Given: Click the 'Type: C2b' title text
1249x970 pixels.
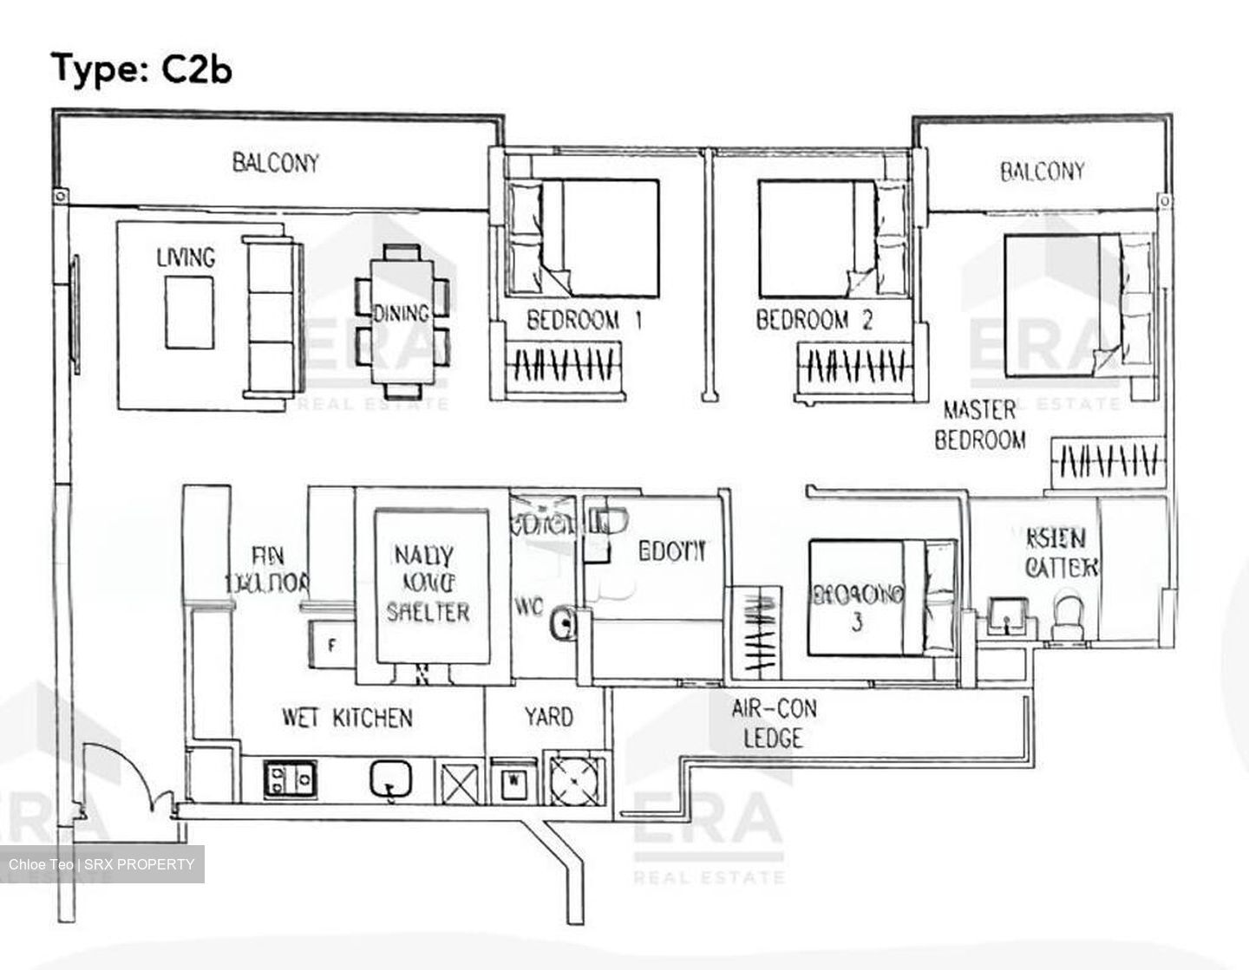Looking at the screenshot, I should click(x=142, y=68).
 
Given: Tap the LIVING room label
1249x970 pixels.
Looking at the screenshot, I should click(x=186, y=257).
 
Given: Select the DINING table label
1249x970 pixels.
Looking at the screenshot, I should click(x=401, y=313).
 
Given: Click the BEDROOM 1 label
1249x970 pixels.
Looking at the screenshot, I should click(x=584, y=321).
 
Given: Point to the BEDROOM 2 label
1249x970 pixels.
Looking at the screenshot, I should click(x=814, y=321).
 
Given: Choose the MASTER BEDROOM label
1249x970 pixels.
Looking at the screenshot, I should click(x=980, y=425).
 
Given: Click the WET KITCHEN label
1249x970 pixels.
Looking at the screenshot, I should click(x=347, y=718).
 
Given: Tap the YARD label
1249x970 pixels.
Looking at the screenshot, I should click(x=548, y=717).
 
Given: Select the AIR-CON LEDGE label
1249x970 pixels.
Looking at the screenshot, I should click(x=774, y=724).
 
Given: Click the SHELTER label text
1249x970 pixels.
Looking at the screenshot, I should click(x=428, y=612).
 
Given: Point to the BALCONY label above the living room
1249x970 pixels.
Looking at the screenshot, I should click(x=276, y=163).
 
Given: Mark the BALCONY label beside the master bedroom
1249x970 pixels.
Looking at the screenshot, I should click(x=1042, y=172).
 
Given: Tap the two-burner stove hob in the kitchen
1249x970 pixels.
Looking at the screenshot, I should click(x=290, y=778).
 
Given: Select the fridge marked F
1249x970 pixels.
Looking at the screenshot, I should click(x=330, y=645).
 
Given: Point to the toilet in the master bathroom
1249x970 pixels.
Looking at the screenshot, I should click(x=1064, y=615).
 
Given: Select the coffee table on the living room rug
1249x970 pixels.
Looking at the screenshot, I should click(x=190, y=312).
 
